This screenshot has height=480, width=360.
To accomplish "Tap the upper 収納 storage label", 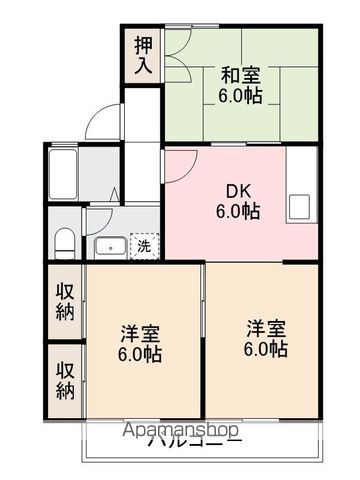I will tap(64, 301).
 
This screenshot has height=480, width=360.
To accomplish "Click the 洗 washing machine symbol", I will tap(143, 245).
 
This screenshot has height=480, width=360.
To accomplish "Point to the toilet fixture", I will tap(63, 240).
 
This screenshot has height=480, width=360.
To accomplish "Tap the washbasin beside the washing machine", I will tap(109, 246).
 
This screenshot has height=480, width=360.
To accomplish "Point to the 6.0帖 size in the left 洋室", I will tap(141, 355).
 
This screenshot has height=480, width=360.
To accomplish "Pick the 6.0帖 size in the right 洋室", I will tap(266, 350).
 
